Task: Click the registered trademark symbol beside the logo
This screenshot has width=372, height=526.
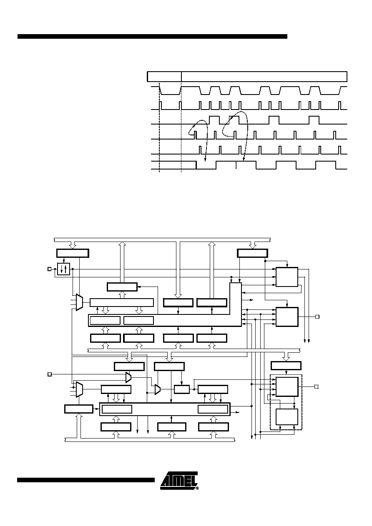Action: click(197, 488)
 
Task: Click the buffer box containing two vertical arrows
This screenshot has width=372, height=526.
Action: click(63, 269)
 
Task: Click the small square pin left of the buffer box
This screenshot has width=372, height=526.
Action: click(49, 269)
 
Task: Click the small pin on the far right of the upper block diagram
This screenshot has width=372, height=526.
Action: click(317, 317)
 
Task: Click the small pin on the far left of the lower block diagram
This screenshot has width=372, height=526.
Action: click(49, 374)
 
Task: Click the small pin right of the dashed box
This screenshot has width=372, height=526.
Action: click(317, 386)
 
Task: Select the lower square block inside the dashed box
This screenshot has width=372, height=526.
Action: click(287, 416)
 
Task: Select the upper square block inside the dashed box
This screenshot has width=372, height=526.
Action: click(287, 387)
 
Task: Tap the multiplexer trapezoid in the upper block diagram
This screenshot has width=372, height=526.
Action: click(79, 302)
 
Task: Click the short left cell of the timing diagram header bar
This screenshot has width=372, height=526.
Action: click(164, 77)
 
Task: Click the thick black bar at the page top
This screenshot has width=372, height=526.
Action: click(152, 36)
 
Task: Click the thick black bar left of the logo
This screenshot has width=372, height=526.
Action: click(86, 480)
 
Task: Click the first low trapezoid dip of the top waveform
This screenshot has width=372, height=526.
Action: click(170, 91)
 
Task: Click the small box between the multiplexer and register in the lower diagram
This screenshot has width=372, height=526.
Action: click(182, 389)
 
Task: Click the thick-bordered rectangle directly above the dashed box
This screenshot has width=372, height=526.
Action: click(286, 366)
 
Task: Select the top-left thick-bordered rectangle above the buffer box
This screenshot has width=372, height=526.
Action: click(73, 253)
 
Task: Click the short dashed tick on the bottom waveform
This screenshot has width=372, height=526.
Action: click(236, 165)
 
